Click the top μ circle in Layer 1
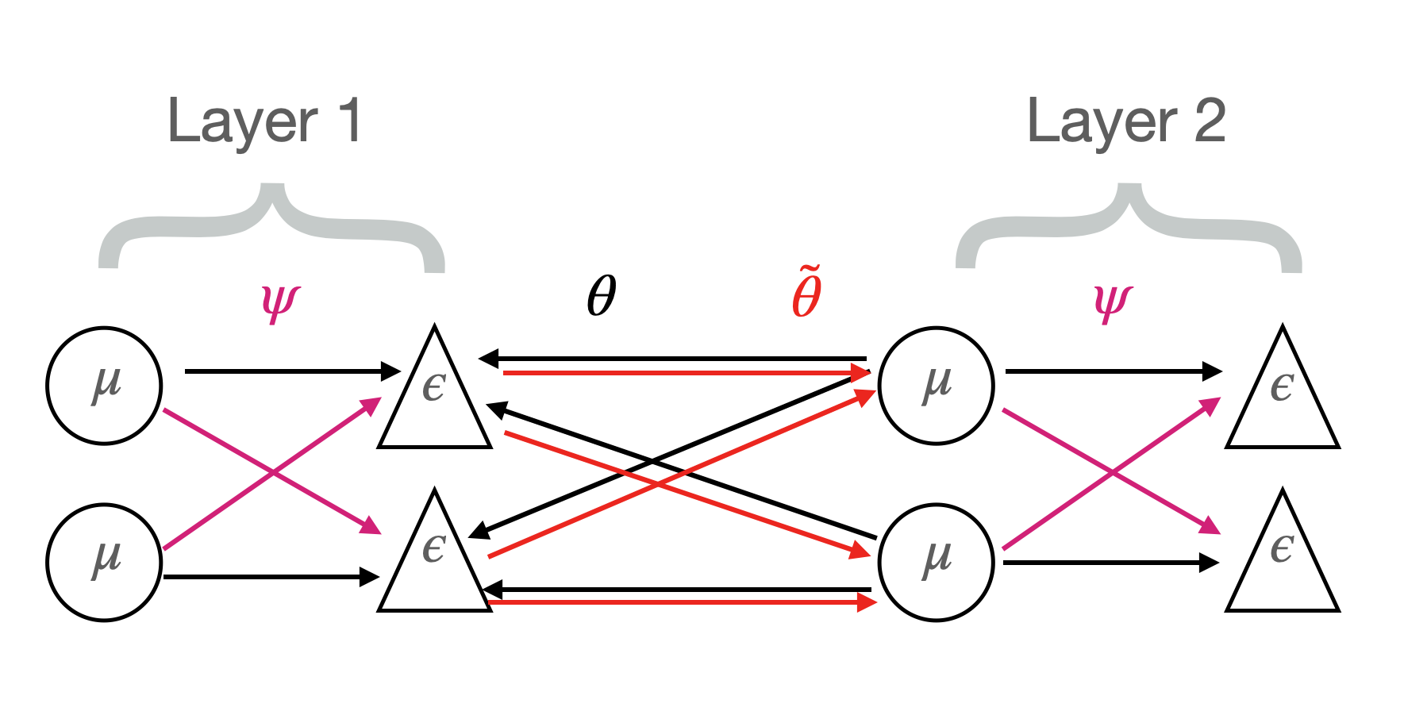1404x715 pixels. (x=104, y=386)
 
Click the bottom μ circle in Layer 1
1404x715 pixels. (x=104, y=562)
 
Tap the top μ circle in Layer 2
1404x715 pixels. (x=936, y=386)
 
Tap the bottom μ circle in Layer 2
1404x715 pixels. (x=936, y=562)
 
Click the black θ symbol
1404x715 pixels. (x=602, y=296)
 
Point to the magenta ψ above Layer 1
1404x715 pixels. (x=279, y=302)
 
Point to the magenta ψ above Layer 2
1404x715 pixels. (x=1112, y=302)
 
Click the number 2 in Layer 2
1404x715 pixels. (x=1209, y=121)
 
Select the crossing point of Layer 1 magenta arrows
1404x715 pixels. (x=273, y=473)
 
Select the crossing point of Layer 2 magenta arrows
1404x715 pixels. (x=1113, y=473)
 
